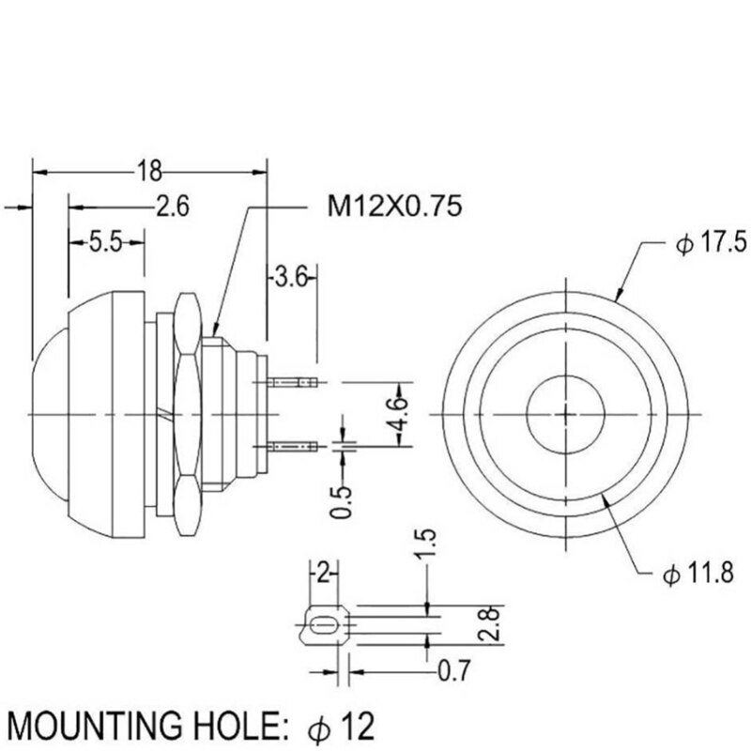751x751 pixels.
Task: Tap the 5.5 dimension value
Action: [x=107, y=243]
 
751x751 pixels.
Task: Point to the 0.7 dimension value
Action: [x=454, y=671]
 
